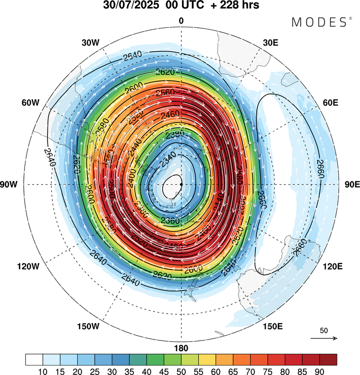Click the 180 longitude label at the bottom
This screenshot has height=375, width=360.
[x=181, y=348]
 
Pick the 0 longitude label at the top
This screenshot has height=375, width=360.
[x=181, y=21]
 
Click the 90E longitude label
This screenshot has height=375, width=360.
[x=352, y=185]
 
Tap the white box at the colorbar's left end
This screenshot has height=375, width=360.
[x=34, y=359]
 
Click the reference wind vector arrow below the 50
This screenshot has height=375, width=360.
[x=324, y=339]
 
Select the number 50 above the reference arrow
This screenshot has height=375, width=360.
[x=324, y=331]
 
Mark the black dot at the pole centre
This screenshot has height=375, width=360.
[x=181, y=184]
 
